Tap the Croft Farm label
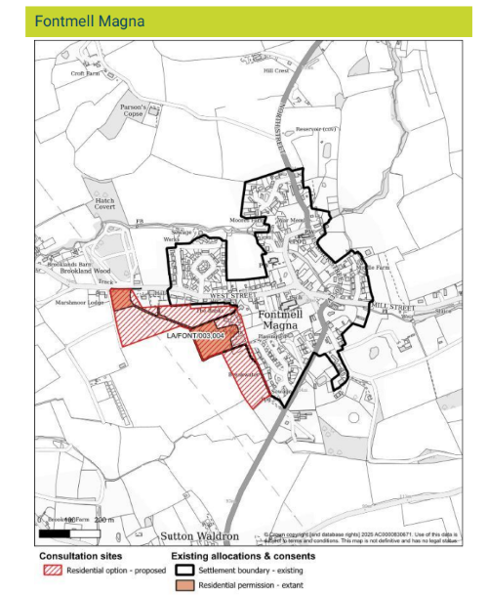pos(86,73)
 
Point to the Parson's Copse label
pos(134,110)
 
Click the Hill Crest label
pos(276,70)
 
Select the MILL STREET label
pos(393,306)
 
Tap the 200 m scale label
pos(103,520)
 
